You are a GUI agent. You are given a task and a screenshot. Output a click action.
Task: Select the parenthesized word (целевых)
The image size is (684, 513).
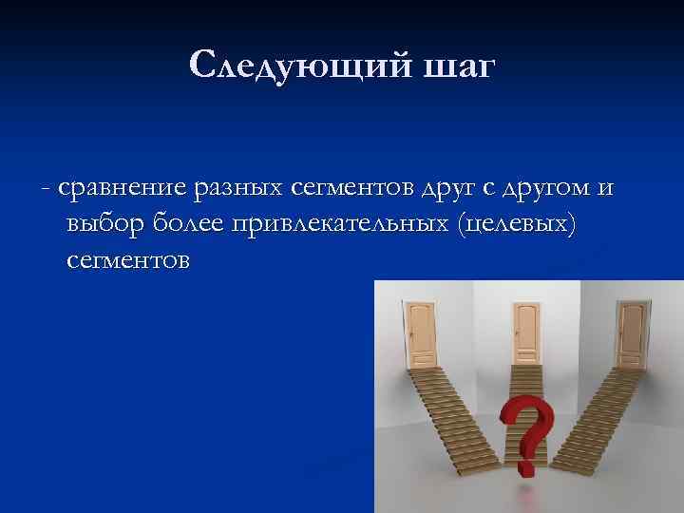517,224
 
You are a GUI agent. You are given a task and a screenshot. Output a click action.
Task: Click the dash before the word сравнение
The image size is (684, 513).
47,190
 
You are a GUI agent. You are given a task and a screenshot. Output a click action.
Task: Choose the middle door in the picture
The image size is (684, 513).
525,333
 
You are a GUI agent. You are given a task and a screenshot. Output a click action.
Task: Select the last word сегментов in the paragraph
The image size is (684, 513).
128,259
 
